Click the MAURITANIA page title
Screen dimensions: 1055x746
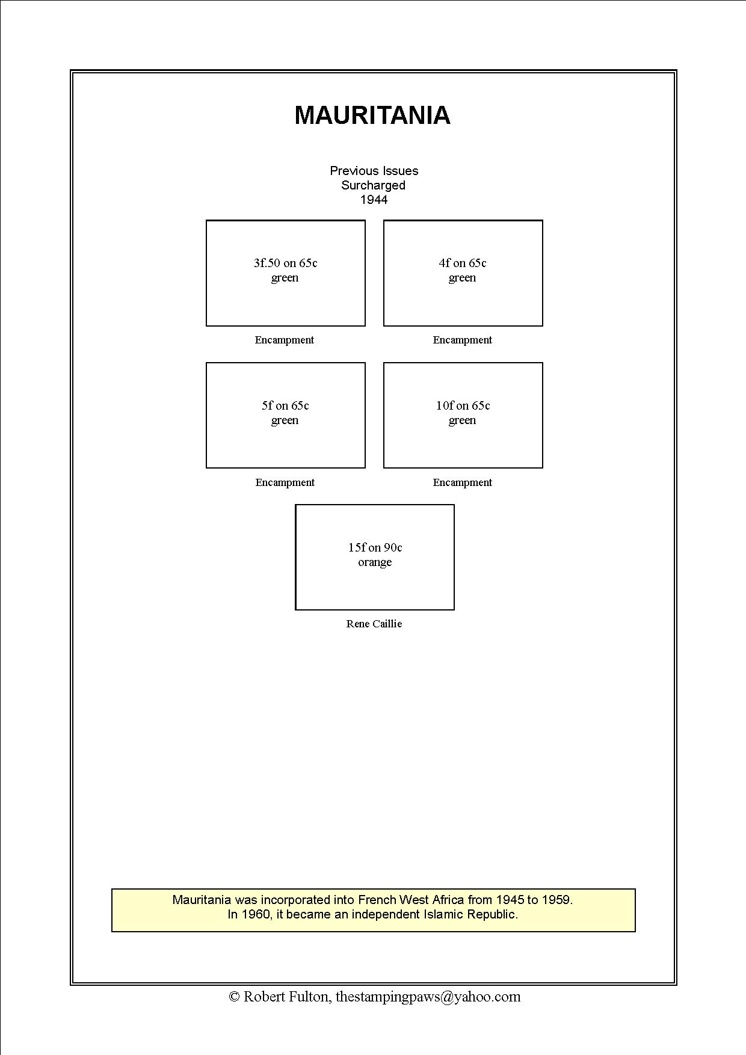pyautogui.click(x=372, y=115)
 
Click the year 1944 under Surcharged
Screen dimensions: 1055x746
pyautogui.click(x=374, y=200)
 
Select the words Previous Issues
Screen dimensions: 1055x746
pyautogui.click(x=374, y=171)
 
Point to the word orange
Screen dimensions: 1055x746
pyautogui.click(x=375, y=562)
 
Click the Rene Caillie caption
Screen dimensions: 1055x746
pyautogui.click(x=374, y=624)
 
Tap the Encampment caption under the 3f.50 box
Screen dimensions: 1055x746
pyautogui.click(x=285, y=340)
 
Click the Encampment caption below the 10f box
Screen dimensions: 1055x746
pyautogui.click(x=463, y=482)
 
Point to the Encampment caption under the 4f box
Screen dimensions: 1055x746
pyautogui.click(x=463, y=340)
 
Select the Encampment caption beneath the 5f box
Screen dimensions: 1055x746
pyautogui.click(x=285, y=482)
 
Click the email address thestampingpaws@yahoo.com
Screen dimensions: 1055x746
pyautogui.click(x=428, y=997)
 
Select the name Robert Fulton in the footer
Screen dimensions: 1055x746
pyautogui.click(x=286, y=997)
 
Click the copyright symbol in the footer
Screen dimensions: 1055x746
pyautogui.click(x=235, y=997)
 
